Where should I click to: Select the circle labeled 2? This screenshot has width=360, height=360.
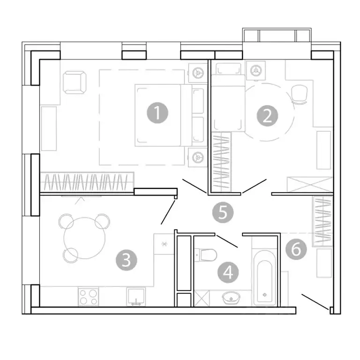click(267, 115)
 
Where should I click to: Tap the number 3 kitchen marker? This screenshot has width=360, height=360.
click(126, 260)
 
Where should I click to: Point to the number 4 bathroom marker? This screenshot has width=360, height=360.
click(228, 272)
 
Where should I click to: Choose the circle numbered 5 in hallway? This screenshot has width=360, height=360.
click(223, 212)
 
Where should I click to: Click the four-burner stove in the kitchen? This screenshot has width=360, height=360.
click(89, 297)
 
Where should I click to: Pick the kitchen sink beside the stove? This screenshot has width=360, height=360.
click(136, 297)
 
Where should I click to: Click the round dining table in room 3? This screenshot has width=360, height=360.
click(84, 236)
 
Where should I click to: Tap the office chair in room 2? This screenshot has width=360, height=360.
click(299, 94)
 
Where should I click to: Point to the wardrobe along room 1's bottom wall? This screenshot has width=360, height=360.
click(87, 181)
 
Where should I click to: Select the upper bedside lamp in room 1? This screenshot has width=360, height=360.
click(198, 73)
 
